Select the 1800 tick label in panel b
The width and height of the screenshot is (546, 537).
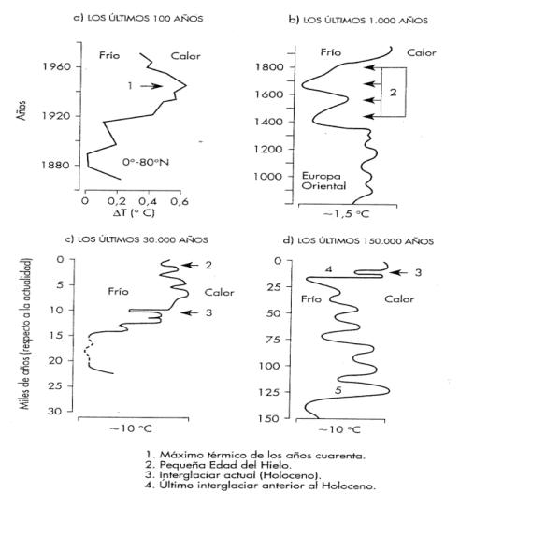click(271, 67)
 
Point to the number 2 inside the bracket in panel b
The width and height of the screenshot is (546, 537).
click(394, 93)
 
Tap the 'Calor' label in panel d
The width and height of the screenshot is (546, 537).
click(399, 298)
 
